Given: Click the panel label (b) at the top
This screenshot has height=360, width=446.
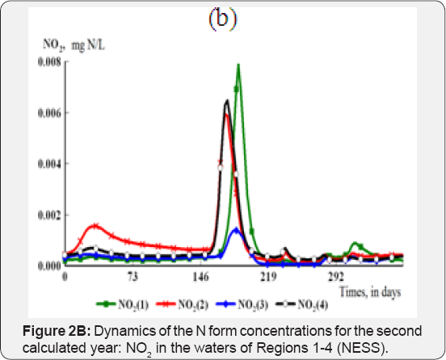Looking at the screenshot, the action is [223, 19].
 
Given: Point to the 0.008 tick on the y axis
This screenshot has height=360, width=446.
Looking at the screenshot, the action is [49, 61].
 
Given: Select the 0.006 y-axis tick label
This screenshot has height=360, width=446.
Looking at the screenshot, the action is [49, 113].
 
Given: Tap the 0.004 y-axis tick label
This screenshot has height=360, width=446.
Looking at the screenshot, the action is [49, 164].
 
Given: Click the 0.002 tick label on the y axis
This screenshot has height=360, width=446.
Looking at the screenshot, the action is [49, 215].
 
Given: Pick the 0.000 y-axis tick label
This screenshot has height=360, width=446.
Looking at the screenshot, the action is [49, 266].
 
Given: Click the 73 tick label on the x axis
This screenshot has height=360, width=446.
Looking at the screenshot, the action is [133, 277].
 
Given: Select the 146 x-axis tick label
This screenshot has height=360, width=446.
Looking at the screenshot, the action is [201, 277].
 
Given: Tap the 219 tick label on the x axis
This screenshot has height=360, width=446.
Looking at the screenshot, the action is [268, 277].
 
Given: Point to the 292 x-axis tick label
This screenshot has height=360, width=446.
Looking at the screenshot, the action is [336, 277].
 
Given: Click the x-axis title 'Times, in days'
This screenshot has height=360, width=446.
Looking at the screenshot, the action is [370, 292].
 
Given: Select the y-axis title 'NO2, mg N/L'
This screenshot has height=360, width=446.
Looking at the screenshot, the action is [74, 45].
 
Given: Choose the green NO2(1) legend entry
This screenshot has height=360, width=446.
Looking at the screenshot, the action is [123, 304].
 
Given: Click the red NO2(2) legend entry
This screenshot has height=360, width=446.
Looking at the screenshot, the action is [183, 304].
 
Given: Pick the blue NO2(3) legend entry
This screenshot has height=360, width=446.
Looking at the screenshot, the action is [242, 304].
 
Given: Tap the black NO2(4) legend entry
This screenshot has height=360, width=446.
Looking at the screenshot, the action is [302, 304].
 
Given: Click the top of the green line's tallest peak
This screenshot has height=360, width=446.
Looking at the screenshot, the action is [238, 65].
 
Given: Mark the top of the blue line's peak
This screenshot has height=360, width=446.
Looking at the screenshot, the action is [236, 228].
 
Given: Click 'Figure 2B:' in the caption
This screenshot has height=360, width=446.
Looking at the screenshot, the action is [57, 331].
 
